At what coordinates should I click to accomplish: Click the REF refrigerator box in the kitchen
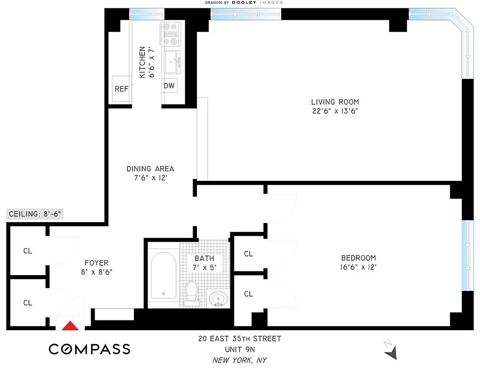[121, 89]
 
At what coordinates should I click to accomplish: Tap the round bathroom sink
[217, 298]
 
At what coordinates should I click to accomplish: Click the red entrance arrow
[70, 326]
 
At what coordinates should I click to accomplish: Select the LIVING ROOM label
[335, 102]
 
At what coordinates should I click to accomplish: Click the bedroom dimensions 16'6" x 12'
[358, 267]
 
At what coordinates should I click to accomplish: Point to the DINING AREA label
[150, 169]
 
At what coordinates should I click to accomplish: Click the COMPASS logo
[89, 349]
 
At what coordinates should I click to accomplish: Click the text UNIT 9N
[240, 349]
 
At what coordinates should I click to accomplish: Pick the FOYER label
[96, 263]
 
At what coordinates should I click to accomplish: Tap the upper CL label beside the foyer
[28, 251]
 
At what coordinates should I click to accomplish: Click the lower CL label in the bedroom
[248, 294]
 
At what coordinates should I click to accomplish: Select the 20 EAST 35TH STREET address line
[240, 339]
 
